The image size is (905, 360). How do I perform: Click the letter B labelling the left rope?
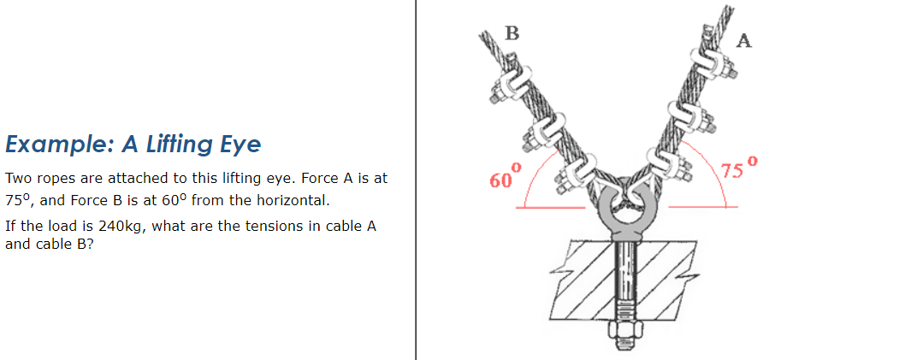click(512, 33)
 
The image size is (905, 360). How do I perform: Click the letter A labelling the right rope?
click(744, 41)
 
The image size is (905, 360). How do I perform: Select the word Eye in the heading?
click(241, 144)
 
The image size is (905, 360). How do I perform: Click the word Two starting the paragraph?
click(18, 180)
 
